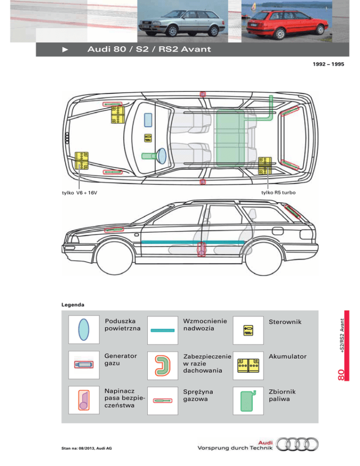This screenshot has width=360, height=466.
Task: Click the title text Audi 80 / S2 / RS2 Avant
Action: [x=149, y=49]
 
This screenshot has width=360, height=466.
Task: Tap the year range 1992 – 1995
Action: [x=328, y=64]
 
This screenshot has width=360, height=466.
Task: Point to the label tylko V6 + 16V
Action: [x=79, y=193]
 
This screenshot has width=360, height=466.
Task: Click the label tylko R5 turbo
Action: [x=278, y=193]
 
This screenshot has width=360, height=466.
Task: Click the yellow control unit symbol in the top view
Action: [x=148, y=138]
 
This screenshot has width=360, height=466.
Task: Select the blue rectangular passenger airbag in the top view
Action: [x=148, y=120]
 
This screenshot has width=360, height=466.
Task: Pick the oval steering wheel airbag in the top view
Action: [x=161, y=156]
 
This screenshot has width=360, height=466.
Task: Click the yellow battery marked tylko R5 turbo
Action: [x=264, y=166]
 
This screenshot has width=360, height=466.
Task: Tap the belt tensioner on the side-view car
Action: [x=202, y=249]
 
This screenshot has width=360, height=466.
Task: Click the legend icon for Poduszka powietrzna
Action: [x=84, y=330]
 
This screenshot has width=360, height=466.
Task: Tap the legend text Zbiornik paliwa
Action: [x=282, y=395]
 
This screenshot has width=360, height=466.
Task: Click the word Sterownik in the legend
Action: [x=285, y=322]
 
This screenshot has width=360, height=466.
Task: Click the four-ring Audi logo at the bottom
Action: [x=297, y=444]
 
